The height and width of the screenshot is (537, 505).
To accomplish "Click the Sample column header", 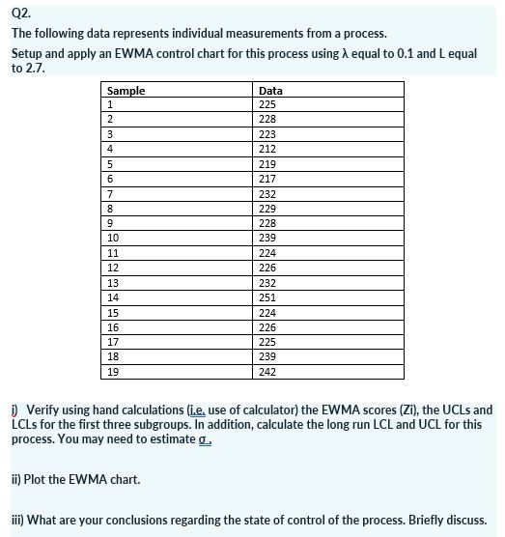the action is click(126, 90).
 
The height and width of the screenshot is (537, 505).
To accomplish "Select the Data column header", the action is click(271, 90).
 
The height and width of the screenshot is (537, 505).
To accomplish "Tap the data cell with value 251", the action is click(268, 297).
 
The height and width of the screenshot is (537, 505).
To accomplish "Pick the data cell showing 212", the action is click(268, 149).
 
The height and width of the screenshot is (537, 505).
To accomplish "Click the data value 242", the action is click(268, 372).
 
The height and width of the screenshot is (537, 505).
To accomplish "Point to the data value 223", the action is click(268, 134).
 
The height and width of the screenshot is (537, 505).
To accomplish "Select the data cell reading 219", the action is click(268, 164).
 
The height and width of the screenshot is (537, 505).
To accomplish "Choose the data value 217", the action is click(268, 179).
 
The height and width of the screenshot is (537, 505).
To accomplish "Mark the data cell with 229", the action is click(268, 209).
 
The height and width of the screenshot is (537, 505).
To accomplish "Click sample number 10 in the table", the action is click(113, 238).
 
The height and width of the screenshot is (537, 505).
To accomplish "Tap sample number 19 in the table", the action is click(113, 372).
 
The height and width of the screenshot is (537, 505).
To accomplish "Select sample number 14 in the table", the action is click(113, 297).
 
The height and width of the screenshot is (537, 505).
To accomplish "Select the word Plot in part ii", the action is click(40, 479).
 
